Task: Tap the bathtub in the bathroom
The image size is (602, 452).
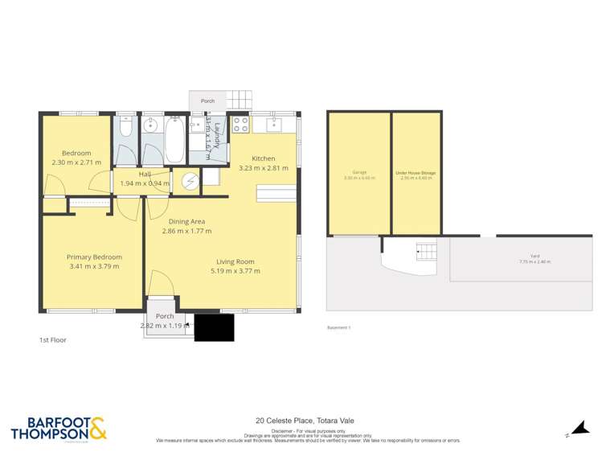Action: pyautogui.click(x=174, y=141)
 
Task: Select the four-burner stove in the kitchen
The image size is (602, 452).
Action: pyautogui.click(x=240, y=125)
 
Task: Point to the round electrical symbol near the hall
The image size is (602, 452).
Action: pyautogui.click(x=190, y=181)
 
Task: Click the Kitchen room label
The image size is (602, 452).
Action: pyautogui.click(x=263, y=158)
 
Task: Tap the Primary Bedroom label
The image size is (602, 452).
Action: pyautogui.click(x=94, y=257)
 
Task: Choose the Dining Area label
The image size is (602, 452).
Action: pyautogui.click(x=186, y=221)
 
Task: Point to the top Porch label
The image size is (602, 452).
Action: pyautogui.click(x=207, y=101)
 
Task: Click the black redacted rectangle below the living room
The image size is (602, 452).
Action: pyautogui.click(x=214, y=327)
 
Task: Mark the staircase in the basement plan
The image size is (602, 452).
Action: pyautogui.click(x=425, y=252)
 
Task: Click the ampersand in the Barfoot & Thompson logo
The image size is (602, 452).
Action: pyautogui.click(x=96, y=429)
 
